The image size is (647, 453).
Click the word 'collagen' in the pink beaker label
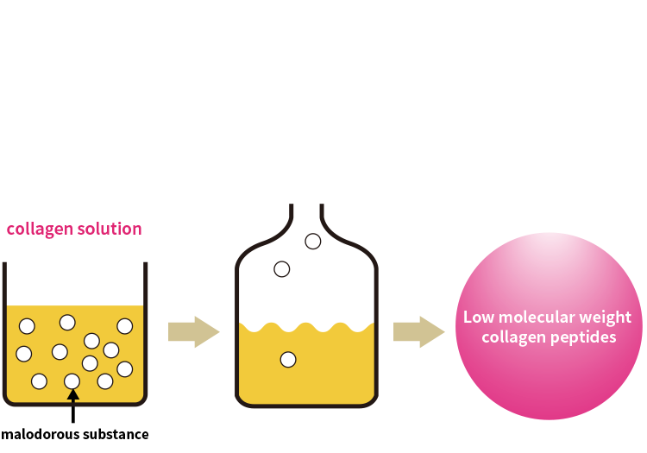click(x=40, y=230)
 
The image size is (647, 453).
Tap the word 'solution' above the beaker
click(x=110, y=229)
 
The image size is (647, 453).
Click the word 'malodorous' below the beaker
click(x=40, y=434)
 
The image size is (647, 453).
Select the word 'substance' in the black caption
click(x=116, y=434)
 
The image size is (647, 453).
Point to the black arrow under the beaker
click(x=73, y=406)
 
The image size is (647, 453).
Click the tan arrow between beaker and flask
click(x=193, y=331)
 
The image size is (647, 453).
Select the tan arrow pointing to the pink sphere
click(x=418, y=331)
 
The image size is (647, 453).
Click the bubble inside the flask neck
click(x=313, y=242)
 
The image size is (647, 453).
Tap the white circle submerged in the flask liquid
click(x=288, y=359)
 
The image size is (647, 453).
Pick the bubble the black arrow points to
click(x=72, y=381)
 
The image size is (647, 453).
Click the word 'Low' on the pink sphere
click(x=479, y=318)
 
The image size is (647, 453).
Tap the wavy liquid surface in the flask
click(x=306, y=328)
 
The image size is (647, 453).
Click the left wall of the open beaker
click(x=4, y=330)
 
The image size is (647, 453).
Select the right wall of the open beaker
click(x=145, y=330)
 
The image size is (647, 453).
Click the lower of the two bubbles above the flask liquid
click(x=282, y=269)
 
